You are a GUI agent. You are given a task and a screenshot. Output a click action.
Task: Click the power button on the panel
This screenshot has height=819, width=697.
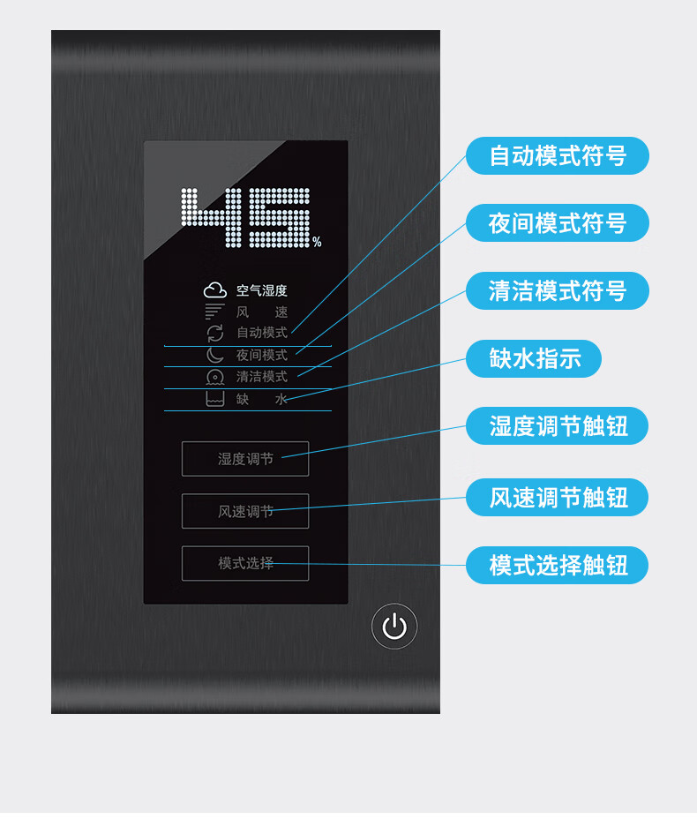pos(394,627)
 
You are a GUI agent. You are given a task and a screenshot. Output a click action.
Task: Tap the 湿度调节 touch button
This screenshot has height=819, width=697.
pos(245,459)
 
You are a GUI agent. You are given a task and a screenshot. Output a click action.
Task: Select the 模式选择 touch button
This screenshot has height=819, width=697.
pos(245,563)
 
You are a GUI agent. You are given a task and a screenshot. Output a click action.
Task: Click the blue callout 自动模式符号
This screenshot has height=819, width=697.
pos(557,156)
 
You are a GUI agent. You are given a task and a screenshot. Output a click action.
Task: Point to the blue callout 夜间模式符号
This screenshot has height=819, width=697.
pos(557,223)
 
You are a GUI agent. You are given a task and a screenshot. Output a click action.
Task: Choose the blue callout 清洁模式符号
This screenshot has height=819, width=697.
pos(557,290)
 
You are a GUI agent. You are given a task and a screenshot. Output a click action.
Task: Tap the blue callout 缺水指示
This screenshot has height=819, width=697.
pos(534,358)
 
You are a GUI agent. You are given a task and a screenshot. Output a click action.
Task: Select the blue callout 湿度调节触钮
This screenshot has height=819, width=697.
pos(557,426)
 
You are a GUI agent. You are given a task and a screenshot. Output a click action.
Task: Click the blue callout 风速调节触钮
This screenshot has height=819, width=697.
pos(557,497)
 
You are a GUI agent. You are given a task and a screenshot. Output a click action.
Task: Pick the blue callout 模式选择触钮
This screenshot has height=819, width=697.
pos(557,565)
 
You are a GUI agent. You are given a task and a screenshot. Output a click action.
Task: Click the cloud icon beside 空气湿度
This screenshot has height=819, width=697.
pos(215,290)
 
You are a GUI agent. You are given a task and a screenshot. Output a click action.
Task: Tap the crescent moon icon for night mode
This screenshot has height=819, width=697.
pos(215,355)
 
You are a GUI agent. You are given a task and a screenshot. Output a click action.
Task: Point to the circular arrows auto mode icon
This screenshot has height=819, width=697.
pos(215,333)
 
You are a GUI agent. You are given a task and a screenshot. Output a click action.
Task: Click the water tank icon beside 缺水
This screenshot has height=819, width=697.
pos(215,399)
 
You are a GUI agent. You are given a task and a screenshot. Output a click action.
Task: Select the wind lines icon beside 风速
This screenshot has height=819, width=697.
pos(215,312)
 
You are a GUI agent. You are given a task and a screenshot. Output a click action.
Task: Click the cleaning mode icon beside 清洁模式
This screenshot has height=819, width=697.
pos(215,377)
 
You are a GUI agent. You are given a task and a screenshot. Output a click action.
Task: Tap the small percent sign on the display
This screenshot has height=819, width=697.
pos(317,242)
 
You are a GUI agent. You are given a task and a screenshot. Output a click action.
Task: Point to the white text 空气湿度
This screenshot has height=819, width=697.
pos(261,290)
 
